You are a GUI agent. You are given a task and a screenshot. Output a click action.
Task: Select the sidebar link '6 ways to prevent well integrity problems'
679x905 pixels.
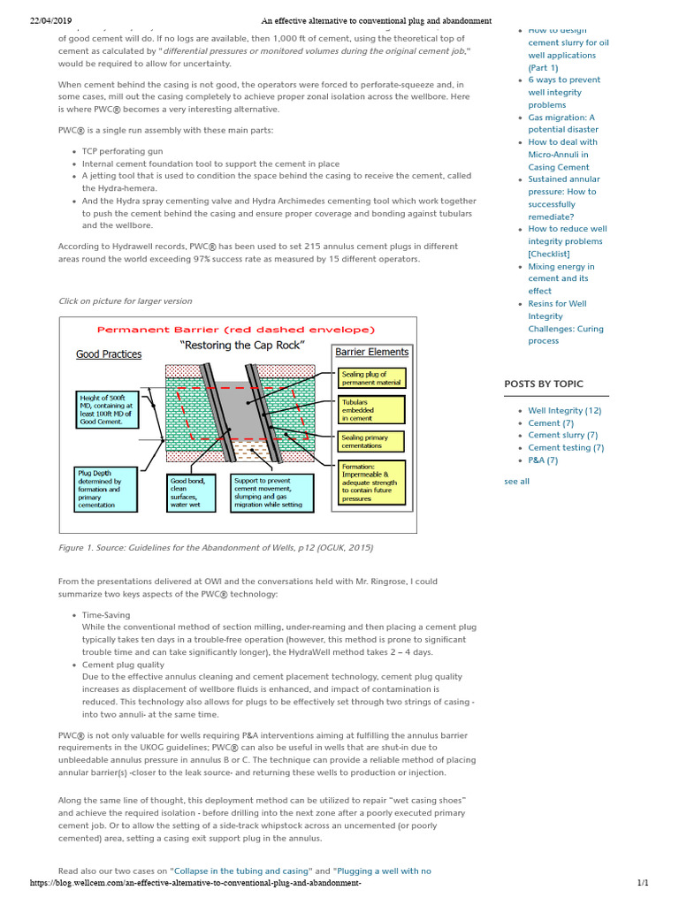coord(563,92)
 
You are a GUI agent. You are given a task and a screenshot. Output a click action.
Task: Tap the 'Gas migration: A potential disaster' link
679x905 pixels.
coord(562,123)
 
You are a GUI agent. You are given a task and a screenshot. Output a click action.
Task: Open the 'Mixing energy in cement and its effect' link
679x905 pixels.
coord(561,278)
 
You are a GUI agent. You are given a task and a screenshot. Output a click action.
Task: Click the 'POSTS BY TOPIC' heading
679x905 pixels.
coord(544,384)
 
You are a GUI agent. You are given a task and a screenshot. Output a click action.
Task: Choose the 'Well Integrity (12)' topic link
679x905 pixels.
coord(564,410)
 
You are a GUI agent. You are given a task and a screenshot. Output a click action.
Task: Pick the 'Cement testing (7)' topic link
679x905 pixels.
coord(566,447)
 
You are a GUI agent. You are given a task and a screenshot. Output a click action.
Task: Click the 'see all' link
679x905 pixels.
coord(516,481)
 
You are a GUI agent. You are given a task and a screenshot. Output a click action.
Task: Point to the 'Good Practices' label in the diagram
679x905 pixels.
coord(109,354)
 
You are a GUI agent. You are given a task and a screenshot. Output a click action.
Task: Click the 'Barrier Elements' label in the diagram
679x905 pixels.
coord(371,352)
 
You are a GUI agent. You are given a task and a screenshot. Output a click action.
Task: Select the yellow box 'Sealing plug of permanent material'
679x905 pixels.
coord(371,378)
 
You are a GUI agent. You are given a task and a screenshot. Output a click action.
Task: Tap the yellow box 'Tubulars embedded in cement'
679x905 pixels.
coord(371,409)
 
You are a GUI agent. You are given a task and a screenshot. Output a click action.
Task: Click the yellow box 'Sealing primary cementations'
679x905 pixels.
coord(371,441)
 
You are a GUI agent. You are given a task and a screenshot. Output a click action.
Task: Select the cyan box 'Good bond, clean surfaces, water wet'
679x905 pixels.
coord(194,492)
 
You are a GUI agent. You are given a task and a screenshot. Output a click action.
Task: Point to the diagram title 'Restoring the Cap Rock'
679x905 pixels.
coord(240,346)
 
